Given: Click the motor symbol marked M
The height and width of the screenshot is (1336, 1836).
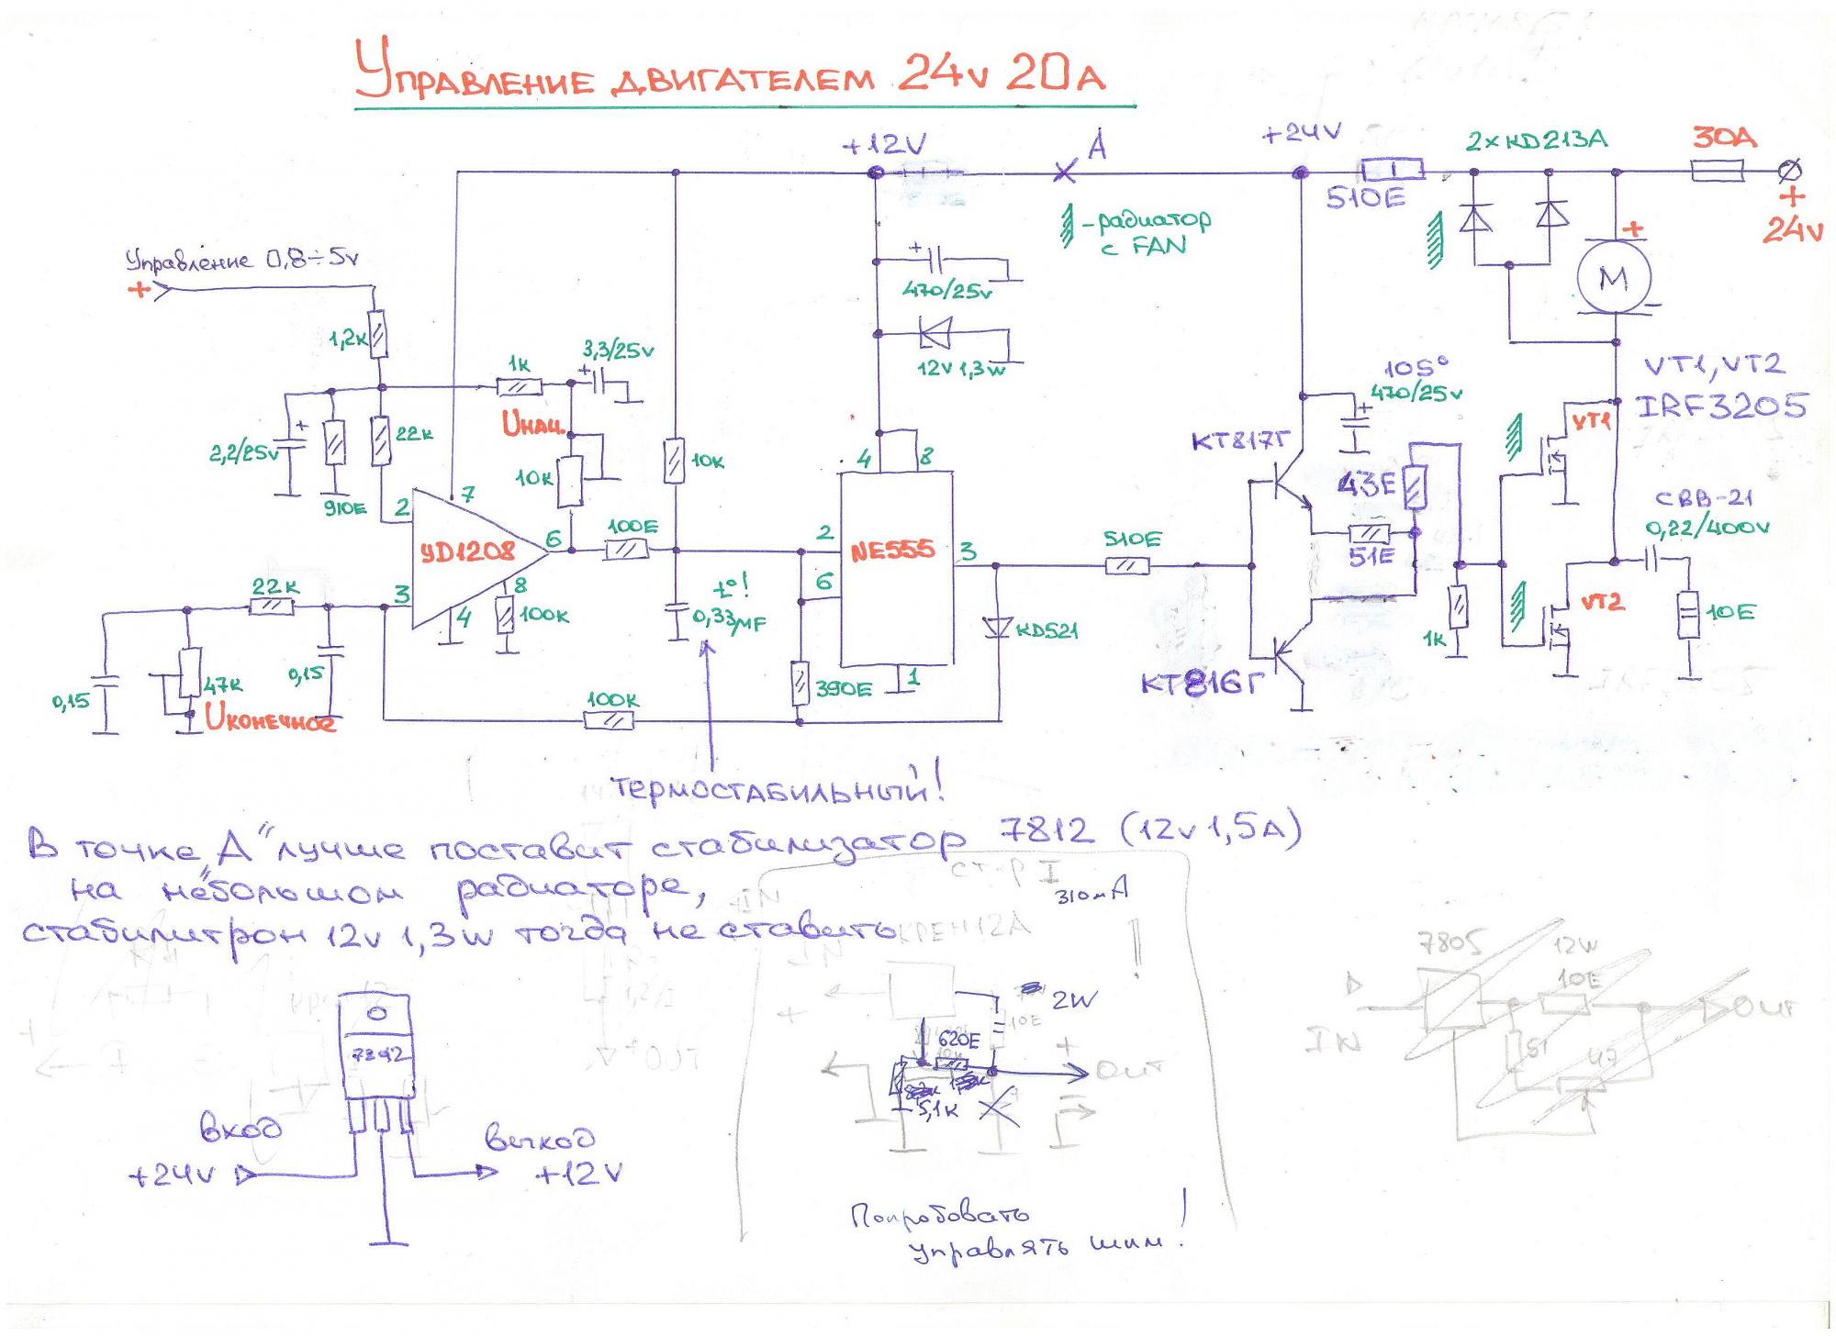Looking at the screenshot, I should coord(1613,278).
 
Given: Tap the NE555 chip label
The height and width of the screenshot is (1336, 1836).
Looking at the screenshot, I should coord(891,551).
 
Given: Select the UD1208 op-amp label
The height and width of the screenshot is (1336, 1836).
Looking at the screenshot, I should coord(468,552).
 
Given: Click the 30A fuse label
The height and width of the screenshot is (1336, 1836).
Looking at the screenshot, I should coord(1724,139).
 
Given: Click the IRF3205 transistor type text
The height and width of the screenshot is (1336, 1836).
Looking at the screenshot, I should coord(1722,406).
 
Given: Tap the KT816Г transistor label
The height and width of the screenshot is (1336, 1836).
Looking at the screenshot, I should coord(1196,685).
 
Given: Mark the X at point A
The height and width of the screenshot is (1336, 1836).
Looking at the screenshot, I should coord(1064,171).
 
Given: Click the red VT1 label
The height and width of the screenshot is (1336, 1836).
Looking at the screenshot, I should coord(1592,422).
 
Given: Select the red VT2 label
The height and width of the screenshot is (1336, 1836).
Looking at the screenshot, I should coord(1602,603).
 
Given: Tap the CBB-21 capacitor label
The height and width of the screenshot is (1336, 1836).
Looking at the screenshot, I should coord(1704,498).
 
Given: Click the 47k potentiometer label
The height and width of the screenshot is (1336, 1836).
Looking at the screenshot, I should coord(222,685).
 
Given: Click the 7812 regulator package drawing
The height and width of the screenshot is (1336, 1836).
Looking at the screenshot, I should coord(377,1064).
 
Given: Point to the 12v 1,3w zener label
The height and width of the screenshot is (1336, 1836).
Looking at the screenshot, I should coord(960,370).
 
